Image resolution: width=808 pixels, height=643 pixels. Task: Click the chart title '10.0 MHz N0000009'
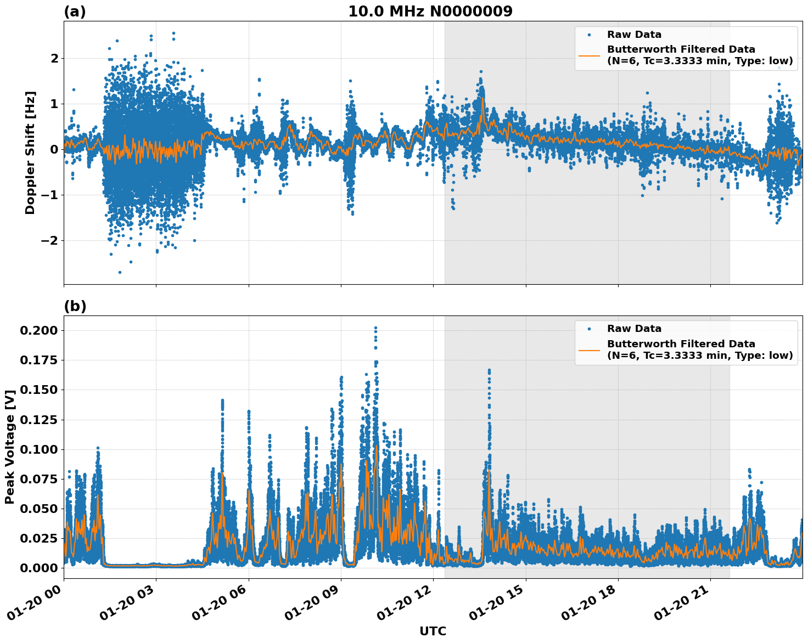click(430, 12)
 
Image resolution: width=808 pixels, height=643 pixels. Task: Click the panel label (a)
click(75, 12)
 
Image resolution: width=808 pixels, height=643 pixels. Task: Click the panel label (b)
click(75, 306)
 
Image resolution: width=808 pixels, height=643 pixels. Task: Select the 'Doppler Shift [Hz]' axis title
click(30, 153)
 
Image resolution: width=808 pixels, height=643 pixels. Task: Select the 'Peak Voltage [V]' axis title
click(9, 447)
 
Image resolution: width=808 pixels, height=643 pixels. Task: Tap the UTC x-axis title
click(433, 631)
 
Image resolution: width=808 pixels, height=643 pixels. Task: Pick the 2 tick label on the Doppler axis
click(54, 58)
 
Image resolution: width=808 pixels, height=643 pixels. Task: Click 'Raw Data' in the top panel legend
click(634, 35)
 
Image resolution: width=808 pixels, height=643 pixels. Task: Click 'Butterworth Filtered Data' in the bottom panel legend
click(681, 344)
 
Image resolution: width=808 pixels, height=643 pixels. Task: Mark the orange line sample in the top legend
click(589, 55)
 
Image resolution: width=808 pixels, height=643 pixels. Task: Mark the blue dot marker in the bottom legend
click(589, 329)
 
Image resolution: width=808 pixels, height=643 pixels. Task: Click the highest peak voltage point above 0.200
click(375, 328)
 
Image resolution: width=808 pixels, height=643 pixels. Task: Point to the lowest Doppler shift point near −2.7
click(120, 272)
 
